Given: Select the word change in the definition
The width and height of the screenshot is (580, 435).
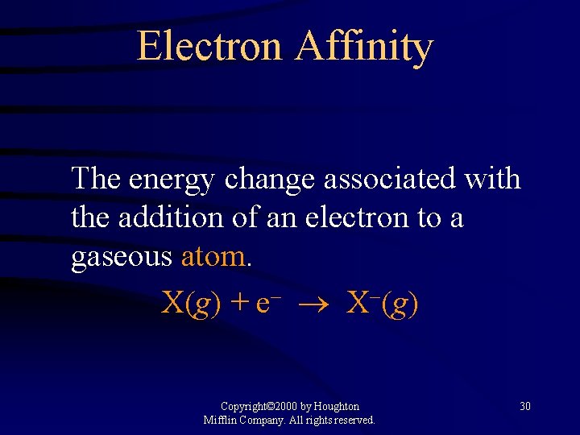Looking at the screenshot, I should (x=270, y=178).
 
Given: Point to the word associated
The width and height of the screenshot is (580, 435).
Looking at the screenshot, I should (x=390, y=178).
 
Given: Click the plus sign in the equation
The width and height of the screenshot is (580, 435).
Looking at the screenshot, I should (x=239, y=304).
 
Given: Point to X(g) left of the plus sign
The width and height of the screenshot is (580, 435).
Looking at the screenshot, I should (x=192, y=304).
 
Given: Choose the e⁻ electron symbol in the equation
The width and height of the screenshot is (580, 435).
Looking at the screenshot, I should (x=267, y=304).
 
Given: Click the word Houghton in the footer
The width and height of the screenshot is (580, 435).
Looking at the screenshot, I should (x=336, y=407).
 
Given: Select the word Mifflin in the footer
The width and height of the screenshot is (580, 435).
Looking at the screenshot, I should (x=219, y=420).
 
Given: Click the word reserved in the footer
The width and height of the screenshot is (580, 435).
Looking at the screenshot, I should (x=352, y=420).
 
